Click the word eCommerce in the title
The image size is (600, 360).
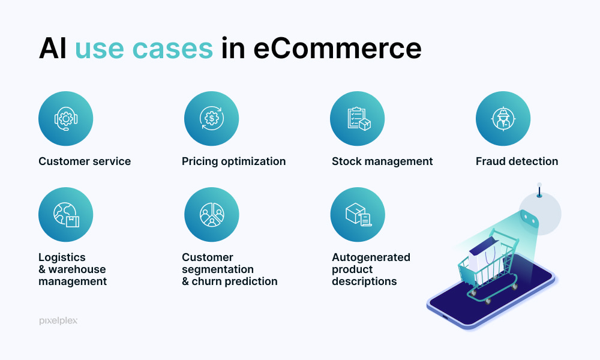pyautogui.click(x=337, y=49)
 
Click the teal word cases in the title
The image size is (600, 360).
pyautogui.click(x=173, y=49)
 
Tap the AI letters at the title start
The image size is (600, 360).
pyautogui.click(x=52, y=48)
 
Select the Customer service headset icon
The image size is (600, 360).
pyautogui.click(x=66, y=119)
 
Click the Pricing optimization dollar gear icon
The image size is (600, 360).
pyautogui.click(x=212, y=119)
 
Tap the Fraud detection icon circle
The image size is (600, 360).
pyautogui.click(x=503, y=119)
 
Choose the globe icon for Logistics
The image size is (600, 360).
pyautogui.click(x=66, y=215)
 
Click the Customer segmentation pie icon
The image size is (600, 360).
pyautogui.click(x=212, y=215)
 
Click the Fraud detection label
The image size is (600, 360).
pyautogui.click(x=517, y=161)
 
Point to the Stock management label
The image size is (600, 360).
pyautogui.click(x=382, y=162)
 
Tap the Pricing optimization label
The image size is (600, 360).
pyautogui.click(x=233, y=162)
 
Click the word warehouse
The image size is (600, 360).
pyautogui.click(x=77, y=269)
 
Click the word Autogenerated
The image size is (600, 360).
pyautogui.click(x=371, y=257)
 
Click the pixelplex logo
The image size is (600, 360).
pyautogui.click(x=58, y=320)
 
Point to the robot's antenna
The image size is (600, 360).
pyautogui.click(x=539, y=190)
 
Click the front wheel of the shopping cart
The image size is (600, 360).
pyautogui.click(x=488, y=301)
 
